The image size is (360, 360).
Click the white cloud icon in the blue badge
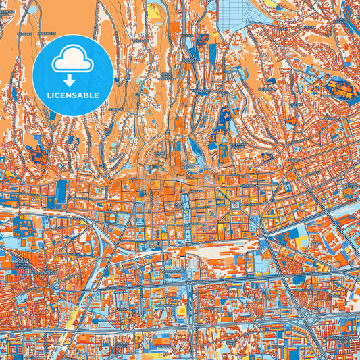[72, 59]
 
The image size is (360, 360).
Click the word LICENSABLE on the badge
[72, 95]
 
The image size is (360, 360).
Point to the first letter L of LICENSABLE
[49, 95]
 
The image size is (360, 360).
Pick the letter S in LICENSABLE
[75, 95]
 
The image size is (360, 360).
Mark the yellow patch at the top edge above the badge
[155, 9]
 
